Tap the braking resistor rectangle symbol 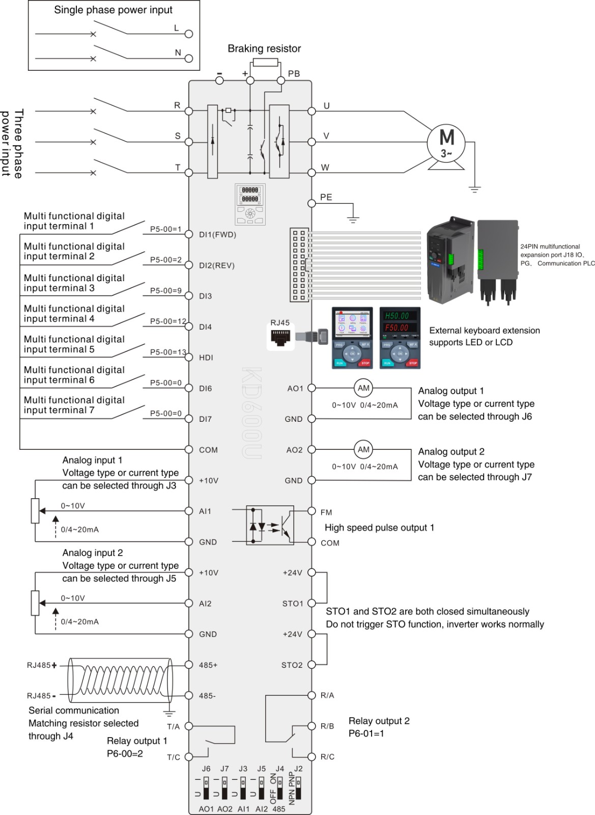click(265, 63)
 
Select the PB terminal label click(294, 74)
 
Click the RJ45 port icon click(280, 338)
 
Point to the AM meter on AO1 click(363, 388)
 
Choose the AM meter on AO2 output click(363, 449)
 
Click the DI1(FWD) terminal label click(217, 235)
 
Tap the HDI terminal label click(206, 358)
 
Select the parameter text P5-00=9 click(165, 291)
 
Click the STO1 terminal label click(293, 604)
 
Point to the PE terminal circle click(312, 203)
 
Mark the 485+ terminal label click(208, 665)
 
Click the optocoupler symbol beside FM click(270, 525)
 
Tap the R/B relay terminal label click(327, 726)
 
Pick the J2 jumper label click(298, 769)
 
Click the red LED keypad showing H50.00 click(400, 338)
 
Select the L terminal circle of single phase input click(189, 34)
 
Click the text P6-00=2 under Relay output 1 click(125, 753)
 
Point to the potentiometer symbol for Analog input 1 click(35, 511)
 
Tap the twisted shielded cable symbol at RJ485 click(120, 680)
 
